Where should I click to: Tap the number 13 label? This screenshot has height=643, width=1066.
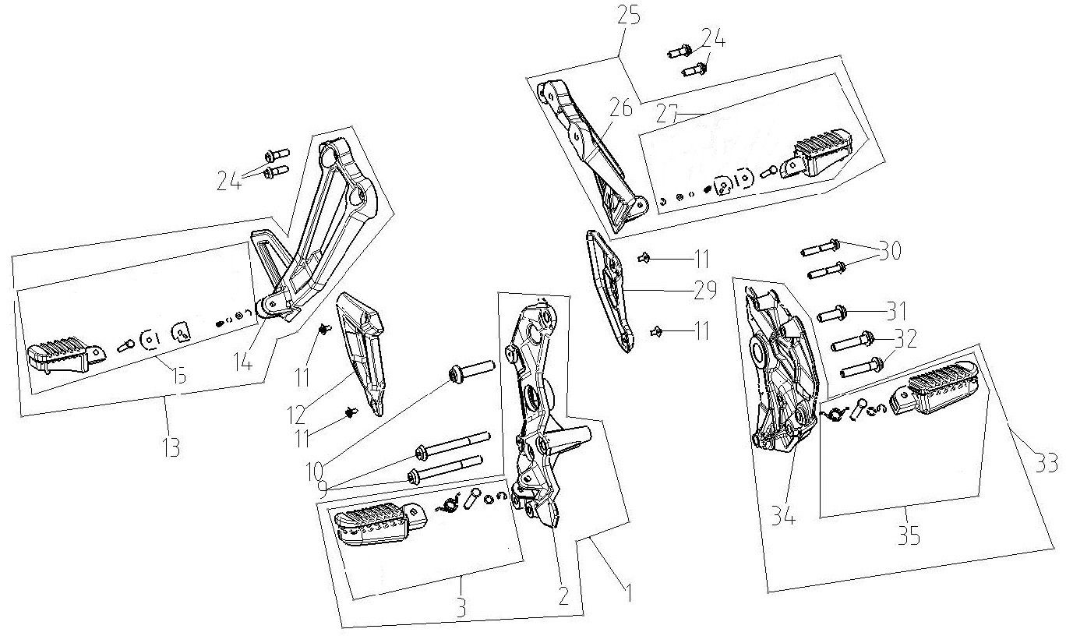[x=171, y=447]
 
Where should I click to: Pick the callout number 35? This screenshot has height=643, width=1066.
[x=908, y=536]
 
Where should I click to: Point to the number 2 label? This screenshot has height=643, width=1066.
[x=563, y=597]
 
